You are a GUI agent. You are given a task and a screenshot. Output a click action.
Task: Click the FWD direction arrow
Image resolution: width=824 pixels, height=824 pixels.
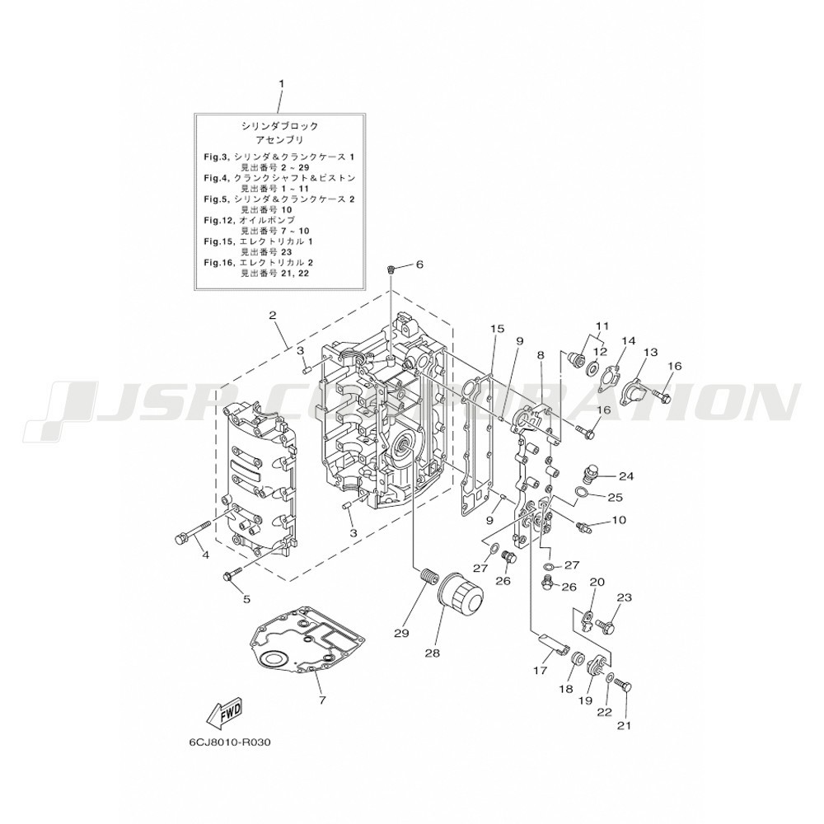224,713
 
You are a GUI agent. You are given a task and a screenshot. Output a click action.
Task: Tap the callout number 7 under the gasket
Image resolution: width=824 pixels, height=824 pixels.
322,700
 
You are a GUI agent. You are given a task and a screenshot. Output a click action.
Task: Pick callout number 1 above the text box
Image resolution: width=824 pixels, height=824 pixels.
281,83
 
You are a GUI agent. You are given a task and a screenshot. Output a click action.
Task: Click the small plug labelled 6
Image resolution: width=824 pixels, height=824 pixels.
391,270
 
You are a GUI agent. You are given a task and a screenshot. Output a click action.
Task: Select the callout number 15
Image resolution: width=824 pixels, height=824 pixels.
497,329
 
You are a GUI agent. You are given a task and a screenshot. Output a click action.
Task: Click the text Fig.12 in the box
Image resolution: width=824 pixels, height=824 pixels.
218,220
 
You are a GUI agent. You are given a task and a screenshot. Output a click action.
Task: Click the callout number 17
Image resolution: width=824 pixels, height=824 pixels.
541,671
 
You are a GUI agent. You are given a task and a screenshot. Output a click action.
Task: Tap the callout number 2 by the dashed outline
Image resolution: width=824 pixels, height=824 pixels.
272,316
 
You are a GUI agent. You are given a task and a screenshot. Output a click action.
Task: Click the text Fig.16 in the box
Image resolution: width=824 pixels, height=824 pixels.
218,262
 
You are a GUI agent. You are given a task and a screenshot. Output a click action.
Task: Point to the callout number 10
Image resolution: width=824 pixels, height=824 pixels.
619,520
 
